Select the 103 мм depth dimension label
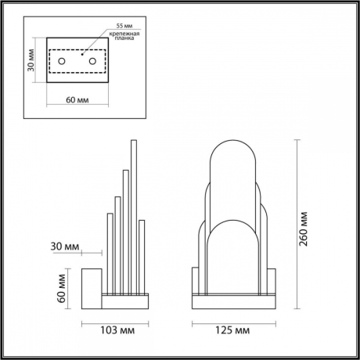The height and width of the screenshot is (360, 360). (115, 329)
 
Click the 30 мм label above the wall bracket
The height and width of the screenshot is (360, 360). (67, 247)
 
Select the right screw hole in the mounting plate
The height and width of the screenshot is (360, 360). (92, 61)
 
